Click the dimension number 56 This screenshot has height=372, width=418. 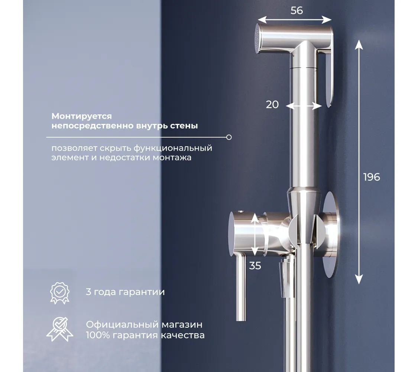[x=297, y=10]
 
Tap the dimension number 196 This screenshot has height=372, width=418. [x=372, y=177]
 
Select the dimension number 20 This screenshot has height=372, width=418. [x=272, y=104]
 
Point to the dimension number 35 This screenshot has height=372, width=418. [x=255, y=266]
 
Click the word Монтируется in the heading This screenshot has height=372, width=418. [x=82, y=116]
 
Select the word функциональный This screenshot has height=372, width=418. [x=173, y=148]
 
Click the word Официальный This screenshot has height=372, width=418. [x=122, y=325]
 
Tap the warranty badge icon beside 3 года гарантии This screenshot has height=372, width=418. [x=60, y=293]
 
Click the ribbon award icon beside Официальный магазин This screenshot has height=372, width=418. [x=60, y=329]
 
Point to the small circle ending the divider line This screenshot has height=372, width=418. [x=229, y=137]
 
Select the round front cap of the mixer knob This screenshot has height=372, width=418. [x=231, y=234]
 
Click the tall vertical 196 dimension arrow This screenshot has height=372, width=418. [x=359, y=162]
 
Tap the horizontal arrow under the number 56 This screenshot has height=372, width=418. [x=294, y=20]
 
